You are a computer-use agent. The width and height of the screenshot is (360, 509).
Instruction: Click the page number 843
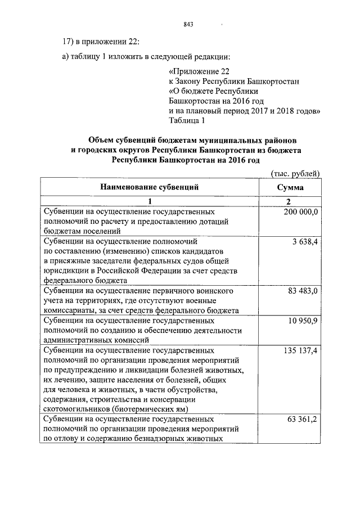point(188,25)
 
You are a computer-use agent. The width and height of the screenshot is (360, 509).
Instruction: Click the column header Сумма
point(290,188)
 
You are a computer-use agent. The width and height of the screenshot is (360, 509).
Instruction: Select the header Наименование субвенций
point(150,187)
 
